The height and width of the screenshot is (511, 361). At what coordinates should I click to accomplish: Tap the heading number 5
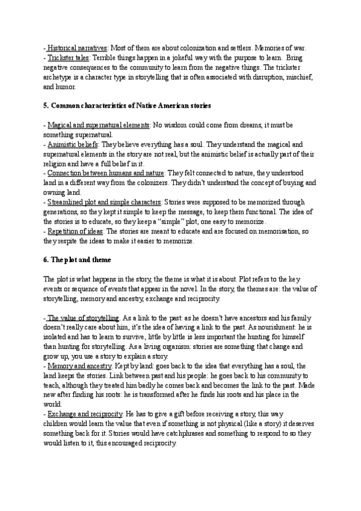click(x=46, y=106)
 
